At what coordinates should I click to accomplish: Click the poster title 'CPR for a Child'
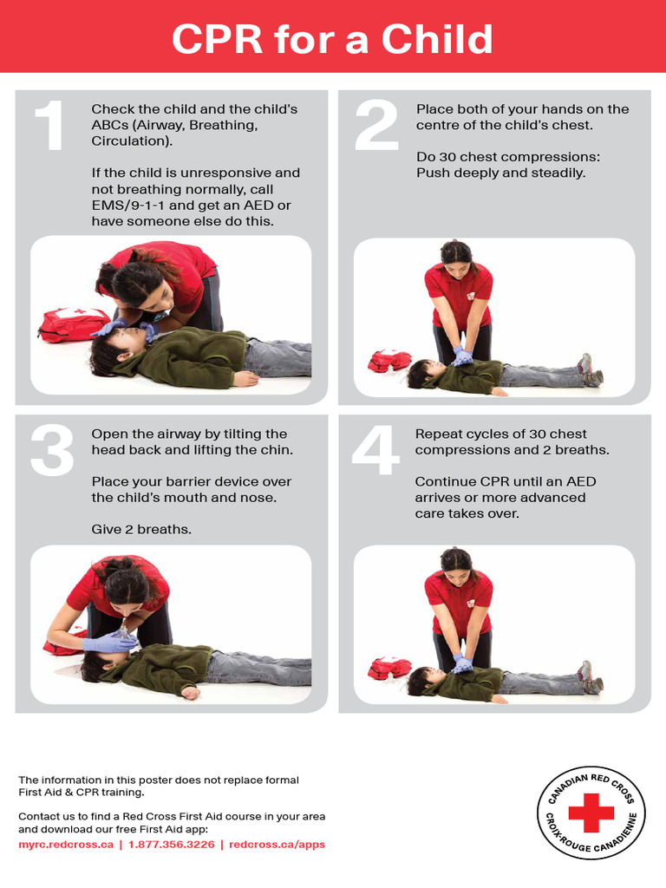[x=332, y=39]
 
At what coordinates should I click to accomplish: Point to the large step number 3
[x=53, y=452]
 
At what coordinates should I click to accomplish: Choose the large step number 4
[x=375, y=452]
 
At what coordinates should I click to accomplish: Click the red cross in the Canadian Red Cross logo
[x=591, y=813]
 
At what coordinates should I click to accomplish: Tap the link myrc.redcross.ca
[x=66, y=844]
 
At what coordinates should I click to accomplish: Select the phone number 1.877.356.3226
[x=171, y=844]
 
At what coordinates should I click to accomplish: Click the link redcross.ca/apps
[x=277, y=844]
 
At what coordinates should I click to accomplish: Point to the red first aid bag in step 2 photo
[x=388, y=360]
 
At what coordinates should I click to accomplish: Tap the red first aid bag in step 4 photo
[x=388, y=667]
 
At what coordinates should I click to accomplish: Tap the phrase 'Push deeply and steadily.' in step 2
[x=500, y=173]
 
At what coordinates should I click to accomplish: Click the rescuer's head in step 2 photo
[x=456, y=257]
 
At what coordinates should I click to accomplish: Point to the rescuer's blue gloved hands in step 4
[x=462, y=664]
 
